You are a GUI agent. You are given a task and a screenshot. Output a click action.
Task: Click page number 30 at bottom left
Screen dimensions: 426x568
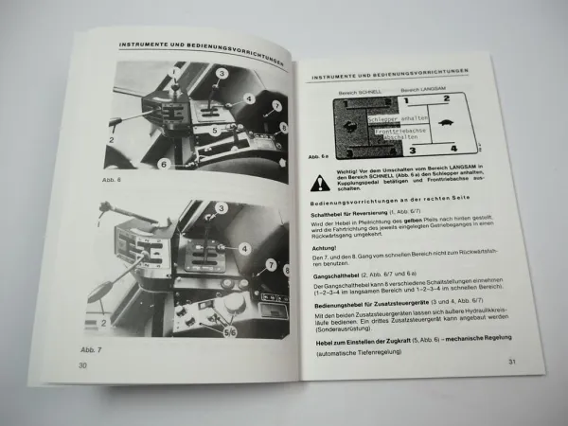(x=83, y=366)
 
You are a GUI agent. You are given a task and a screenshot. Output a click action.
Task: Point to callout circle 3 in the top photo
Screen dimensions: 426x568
(x=220, y=73)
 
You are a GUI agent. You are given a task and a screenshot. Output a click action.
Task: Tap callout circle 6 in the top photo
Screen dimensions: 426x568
(x=163, y=165)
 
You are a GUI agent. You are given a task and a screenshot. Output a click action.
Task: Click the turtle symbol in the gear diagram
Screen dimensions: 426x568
(x=450, y=124)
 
